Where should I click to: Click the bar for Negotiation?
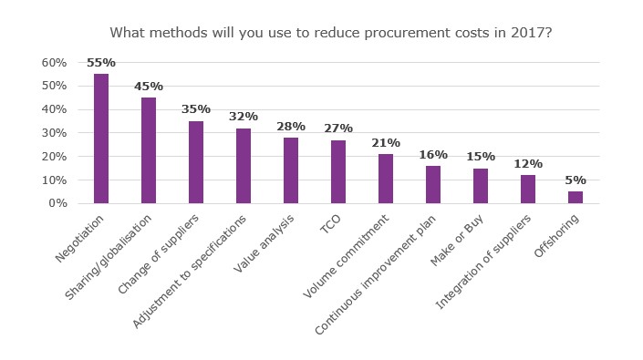pos(101,139)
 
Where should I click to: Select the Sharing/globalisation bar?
pos(149,150)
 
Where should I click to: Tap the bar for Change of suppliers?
pos(196,162)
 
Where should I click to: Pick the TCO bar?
pos(338,171)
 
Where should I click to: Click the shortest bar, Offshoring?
pos(576,197)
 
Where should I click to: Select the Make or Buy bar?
pos(481,186)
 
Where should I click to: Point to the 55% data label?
pos(101,63)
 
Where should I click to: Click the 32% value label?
pos(244,117)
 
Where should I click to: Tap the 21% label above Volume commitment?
pos(386,143)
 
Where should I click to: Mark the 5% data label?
pos(576,180)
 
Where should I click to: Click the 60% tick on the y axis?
pos(54,63)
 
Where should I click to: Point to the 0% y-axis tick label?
pos(57,203)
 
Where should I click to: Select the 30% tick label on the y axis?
pos(54,133)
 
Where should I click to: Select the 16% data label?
pos(433,155)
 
